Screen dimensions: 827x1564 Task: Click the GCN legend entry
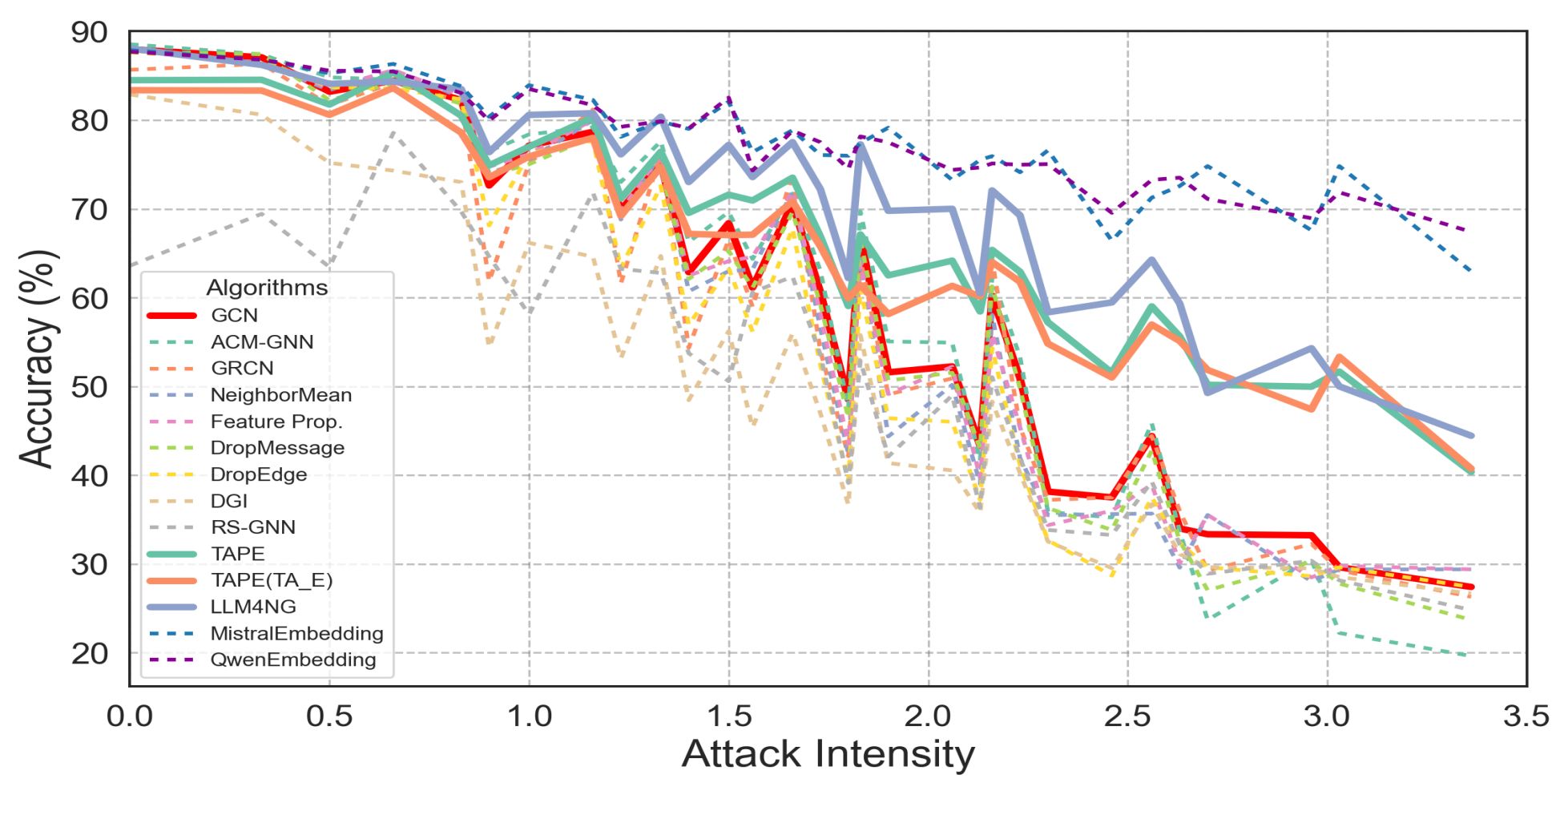pos(234,315)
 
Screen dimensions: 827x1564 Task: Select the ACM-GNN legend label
pos(262,341)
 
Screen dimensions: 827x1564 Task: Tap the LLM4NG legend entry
pos(253,607)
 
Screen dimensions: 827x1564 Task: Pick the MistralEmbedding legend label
pos(296,633)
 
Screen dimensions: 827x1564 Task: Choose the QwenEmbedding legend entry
pos(292,660)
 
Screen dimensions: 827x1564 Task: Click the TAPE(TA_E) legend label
pos(271,580)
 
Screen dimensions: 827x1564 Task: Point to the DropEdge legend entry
pos(258,474)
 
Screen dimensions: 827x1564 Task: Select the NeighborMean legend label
pos(280,395)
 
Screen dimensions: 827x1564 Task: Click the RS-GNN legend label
pos(252,527)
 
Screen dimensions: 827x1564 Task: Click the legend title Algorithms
pos(267,288)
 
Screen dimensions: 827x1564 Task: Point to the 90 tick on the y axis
pos(89,33)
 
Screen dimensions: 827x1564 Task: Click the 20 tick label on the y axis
pos(89,654)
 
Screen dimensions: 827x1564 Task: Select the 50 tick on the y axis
pos(89,387)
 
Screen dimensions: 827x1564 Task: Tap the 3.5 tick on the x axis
pos(1526,716)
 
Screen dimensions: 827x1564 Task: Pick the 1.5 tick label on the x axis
pos(728,716)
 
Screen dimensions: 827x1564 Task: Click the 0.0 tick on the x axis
pos(130,716)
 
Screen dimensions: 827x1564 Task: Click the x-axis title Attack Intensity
pos(828,755)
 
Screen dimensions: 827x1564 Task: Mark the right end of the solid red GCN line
pos(1472,587)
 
